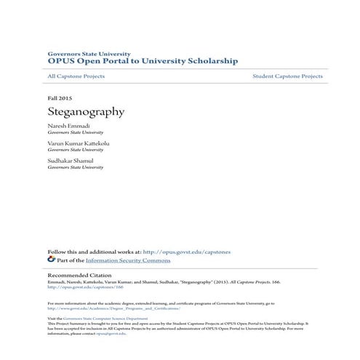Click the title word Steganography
click(x=86, y=112)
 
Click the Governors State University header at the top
click(x=89, y=54)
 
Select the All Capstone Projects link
click(x=76, y=76)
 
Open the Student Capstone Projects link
click(x=287, y=76)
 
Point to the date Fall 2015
click(x=60, y=97)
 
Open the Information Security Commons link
click(x=128, y=260)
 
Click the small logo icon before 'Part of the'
click(x=51, y=259)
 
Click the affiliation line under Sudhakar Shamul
click(x=75, y=167)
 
